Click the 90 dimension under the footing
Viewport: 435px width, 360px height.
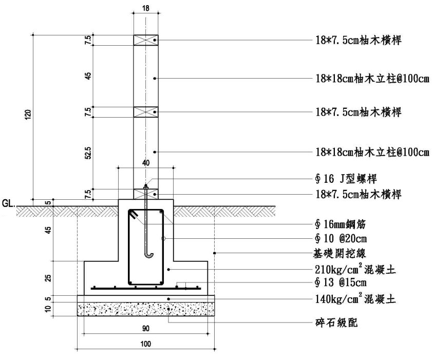[145, 327]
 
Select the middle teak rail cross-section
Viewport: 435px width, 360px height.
[146, 111]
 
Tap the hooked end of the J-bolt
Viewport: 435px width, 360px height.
[149, 253]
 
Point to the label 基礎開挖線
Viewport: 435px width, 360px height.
[342, 253]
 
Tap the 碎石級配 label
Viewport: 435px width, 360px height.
[335, 324]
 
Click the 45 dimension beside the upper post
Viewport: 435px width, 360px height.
[89, 76]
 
